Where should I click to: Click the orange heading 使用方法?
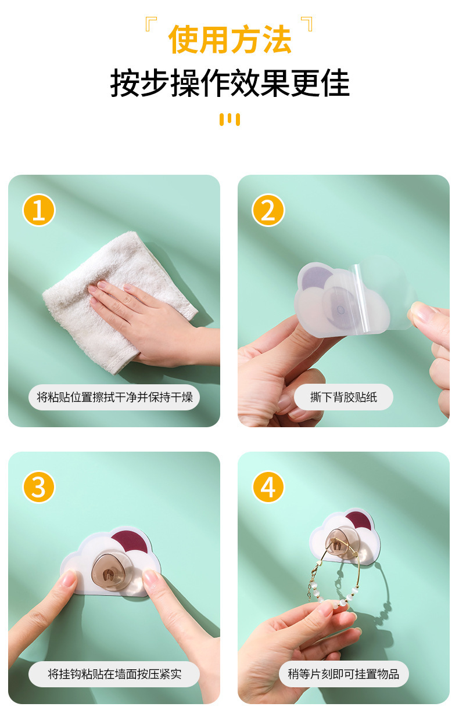click(229, 39)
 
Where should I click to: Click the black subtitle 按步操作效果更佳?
click(229, 83)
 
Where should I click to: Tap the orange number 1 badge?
click(39, 210)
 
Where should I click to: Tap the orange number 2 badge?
click(268, 210)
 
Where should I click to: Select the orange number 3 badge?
click(39, 487)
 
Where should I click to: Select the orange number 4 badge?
click(268, 487)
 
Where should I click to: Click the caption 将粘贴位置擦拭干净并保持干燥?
click(114, 397)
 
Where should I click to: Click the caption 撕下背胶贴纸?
click(343, 397)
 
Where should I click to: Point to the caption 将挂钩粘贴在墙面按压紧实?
click(114, 674)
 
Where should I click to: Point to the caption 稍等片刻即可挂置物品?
click(343, 674)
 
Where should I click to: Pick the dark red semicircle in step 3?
click(131, 541)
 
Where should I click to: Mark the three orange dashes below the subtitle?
click(229, 120)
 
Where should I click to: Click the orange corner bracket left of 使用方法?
click(151, 24)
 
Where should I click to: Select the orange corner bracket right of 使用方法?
click(307, 24)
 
